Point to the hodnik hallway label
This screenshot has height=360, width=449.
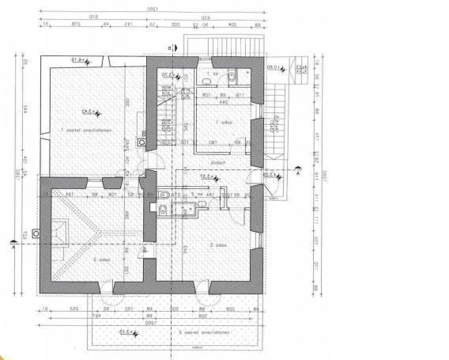pyautogui.click(x=224, y=165)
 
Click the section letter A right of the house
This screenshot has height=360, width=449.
pyautogui.click(x=298, y=177)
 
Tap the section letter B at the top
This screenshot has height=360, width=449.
pyautogui.click(x=168, y=48)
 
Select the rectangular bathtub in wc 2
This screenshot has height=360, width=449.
pyautogui.click(x=189, y=209)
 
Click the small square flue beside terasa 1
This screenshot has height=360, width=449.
pyautogui.click(x=141, y=142)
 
